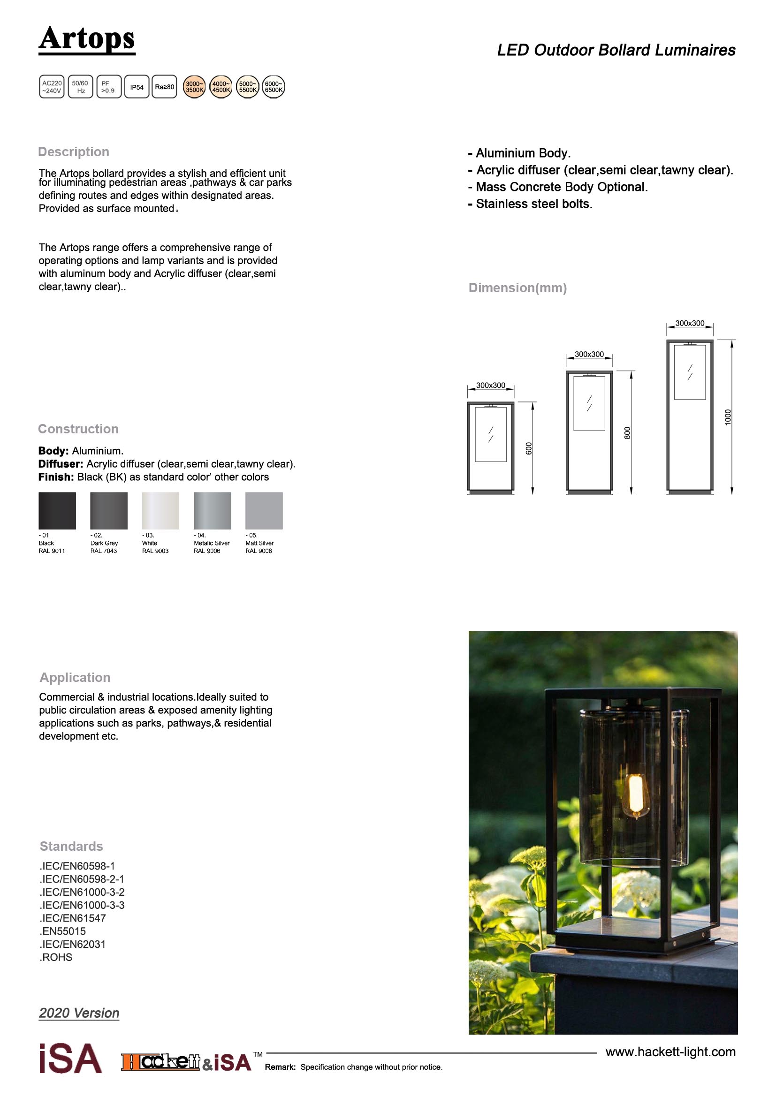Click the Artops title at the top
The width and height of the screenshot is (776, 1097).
[86, 39]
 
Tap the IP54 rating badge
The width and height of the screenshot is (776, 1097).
[137, 87]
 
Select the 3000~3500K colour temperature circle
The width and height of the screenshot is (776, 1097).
[195, 87]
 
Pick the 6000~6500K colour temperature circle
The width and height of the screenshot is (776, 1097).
[274, 87]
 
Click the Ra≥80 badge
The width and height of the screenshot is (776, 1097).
[164, 87]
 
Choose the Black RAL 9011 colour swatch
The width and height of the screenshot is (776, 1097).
[57, 510]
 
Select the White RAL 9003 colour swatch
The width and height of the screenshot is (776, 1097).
[160, 510]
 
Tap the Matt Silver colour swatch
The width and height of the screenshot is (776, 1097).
[264, 510]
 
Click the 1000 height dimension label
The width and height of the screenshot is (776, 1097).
[728, 416]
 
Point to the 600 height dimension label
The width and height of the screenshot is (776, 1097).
[528, 448]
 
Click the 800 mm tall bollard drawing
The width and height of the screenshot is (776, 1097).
[589, 432]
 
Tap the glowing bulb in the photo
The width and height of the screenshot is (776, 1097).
[635, 794]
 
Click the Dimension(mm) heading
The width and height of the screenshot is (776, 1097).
[517, 287]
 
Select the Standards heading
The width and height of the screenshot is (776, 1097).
[71, 846]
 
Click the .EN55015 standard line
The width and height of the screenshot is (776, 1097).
[62, 931]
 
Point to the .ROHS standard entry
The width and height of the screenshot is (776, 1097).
[56, 957]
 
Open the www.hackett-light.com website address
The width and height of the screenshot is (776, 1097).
[670, 1052]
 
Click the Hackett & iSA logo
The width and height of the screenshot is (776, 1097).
[186, 1062]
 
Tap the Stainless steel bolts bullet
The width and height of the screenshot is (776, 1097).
[531, 204]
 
